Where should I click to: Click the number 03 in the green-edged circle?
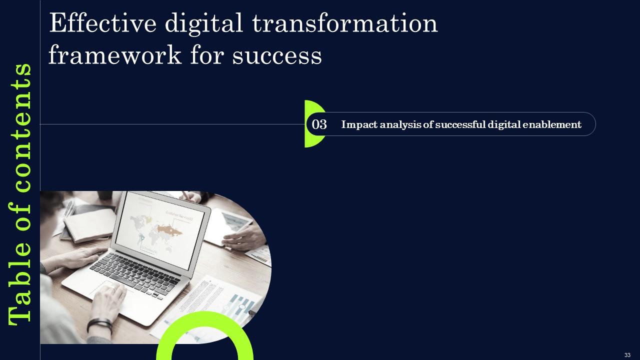(319, 124)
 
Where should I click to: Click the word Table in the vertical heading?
(20, 290)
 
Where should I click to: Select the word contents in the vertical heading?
(20, 127)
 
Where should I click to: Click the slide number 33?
(627, 354)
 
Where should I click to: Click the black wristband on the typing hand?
(99, 325)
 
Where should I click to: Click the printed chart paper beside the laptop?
(225, 300)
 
